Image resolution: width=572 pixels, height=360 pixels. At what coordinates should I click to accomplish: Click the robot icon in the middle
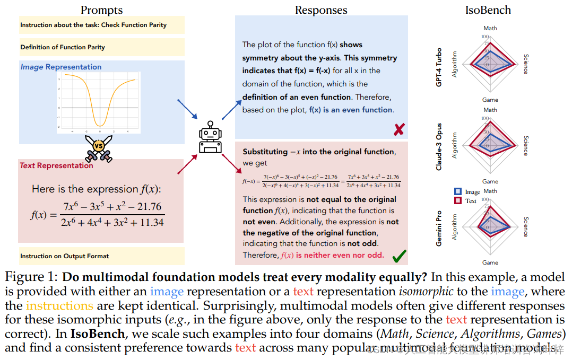[209, 139]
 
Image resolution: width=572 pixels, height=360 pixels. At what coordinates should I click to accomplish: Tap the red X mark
[399, 129]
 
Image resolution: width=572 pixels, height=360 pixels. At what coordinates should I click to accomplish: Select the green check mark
[399, 257]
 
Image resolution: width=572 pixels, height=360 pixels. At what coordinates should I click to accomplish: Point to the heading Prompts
[102, 10]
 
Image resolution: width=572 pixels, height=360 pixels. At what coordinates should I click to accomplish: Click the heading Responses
[321, 10]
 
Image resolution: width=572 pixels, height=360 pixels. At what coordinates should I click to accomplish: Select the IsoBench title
[488, 10]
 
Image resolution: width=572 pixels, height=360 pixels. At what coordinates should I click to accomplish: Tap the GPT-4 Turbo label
[439, 67]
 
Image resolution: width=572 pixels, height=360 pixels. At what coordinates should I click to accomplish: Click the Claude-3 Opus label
[439, 144]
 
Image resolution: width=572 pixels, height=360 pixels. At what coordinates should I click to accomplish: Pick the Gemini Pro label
[439, 228]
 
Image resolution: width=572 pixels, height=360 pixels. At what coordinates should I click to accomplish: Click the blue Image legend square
[458, 191]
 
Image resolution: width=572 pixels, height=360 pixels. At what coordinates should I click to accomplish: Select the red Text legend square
[458, 200]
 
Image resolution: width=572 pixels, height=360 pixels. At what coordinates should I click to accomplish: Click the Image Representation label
[61, 67]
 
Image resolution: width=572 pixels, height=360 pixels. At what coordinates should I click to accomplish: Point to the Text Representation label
[56, 165]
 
